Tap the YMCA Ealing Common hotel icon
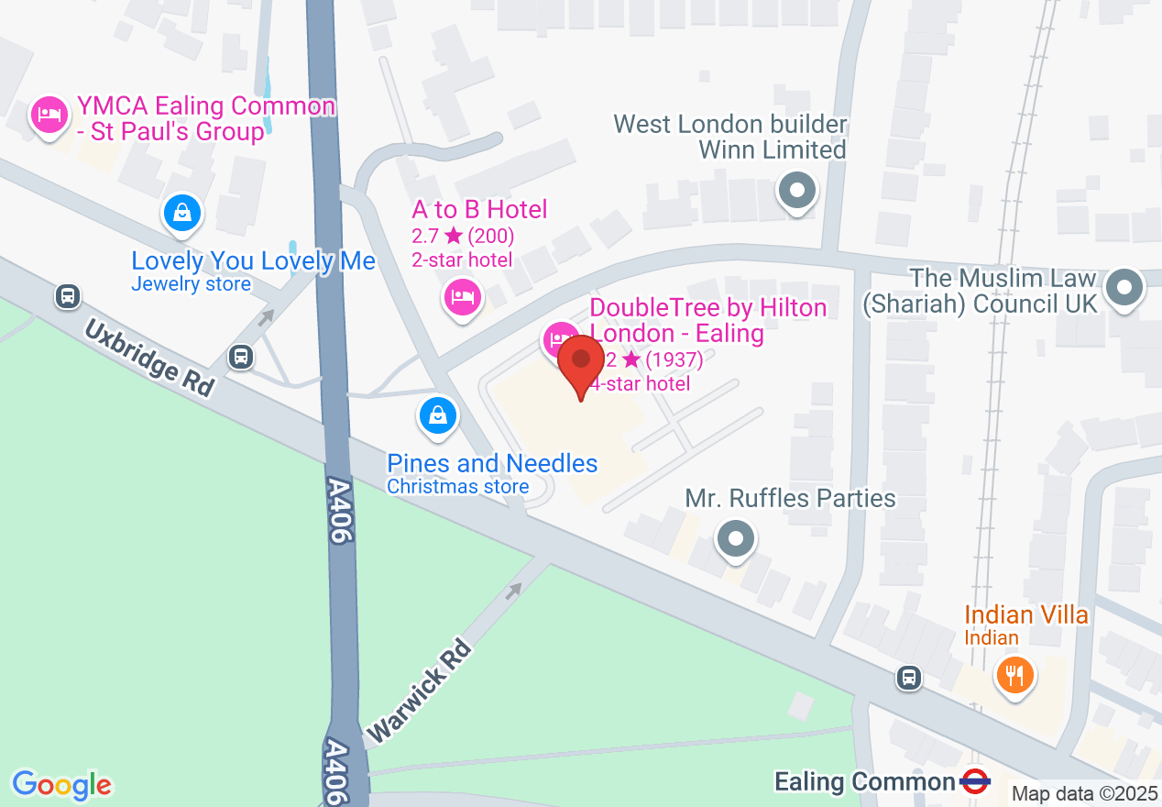tap(48, 115)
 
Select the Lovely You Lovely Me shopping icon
tap(182, 213)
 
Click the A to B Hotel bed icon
tap(463, 296)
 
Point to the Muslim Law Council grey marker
tap(1124, 288)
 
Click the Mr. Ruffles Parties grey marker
tap(734, 538)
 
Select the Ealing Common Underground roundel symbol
tap(976, 782)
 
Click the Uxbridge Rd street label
tap(150, 358)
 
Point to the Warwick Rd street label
tap(420, 691)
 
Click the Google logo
tap(61, 785)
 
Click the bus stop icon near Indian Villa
tap(908, 677)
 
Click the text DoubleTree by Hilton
tap(708, 307)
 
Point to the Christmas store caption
tap(457, 487)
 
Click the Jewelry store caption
tap(191, 284)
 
